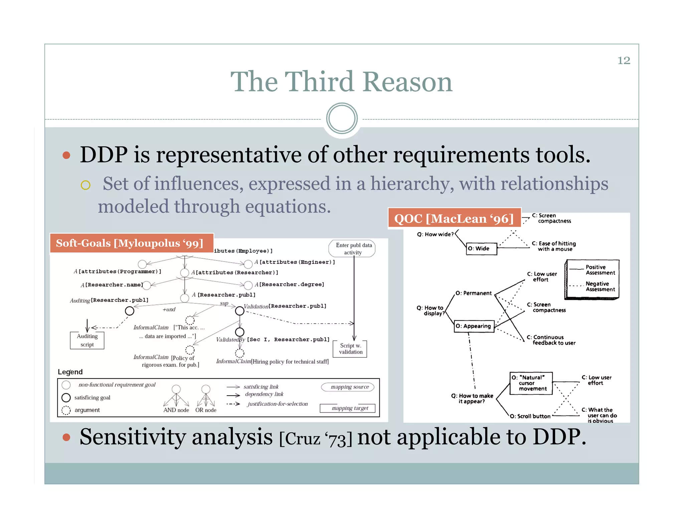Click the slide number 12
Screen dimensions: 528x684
[624, 60]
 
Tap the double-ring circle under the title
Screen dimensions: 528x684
[342, 118]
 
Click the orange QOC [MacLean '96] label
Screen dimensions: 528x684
[454, 219]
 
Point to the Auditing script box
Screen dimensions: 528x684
[87, 340]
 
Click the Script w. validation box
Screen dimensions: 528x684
[350, 349]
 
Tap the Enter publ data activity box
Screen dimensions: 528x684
[353, 249]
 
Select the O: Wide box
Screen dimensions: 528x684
[481, 249]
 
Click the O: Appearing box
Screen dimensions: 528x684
[474, 326]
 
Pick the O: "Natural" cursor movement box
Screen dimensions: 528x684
[531, 383]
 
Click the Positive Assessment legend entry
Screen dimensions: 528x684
[600, 270]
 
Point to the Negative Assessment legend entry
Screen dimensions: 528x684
[600, 287]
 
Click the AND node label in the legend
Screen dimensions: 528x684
[176, 410]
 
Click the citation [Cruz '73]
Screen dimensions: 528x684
[316, 439]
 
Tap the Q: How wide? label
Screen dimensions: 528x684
[435, 234]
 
